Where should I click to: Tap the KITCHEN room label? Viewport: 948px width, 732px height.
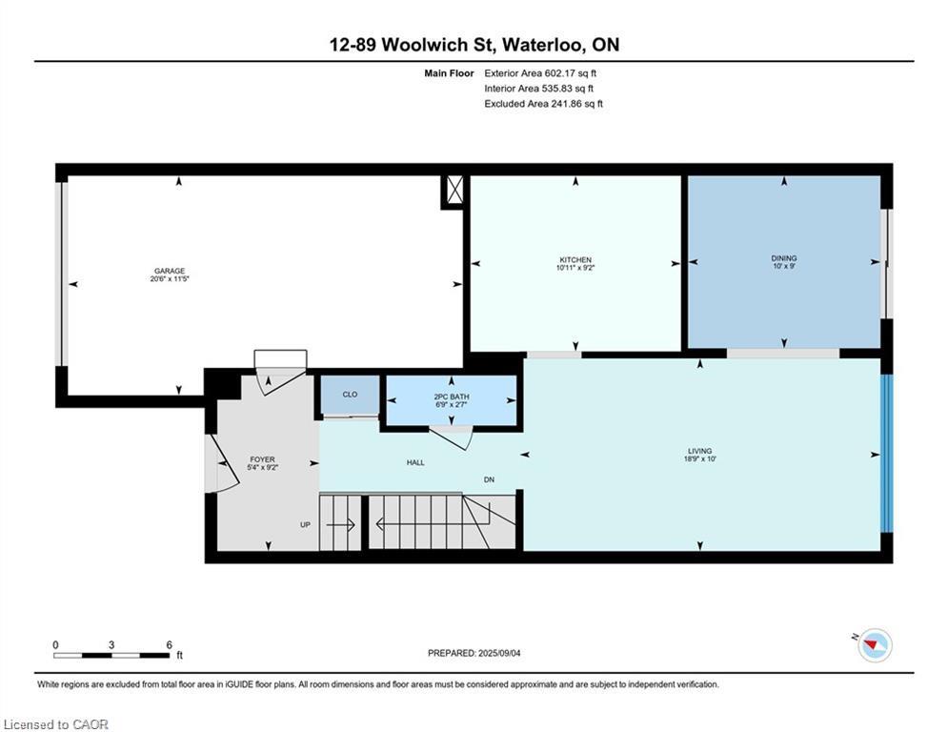coord(575,260)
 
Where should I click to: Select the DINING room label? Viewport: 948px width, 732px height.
coord(784,258)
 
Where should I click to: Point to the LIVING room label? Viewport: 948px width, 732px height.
coord(699,452)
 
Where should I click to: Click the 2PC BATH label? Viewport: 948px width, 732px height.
coord(452,396)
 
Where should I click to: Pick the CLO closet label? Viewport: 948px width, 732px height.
coord(350,394)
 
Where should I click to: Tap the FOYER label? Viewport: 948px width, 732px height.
coord(262,459)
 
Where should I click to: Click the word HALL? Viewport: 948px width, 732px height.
coord(415,462)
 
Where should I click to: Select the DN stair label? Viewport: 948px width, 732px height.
coord(489,479)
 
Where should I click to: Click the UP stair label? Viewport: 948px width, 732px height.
coord(306,523)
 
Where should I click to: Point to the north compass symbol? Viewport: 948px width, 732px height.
coord(874,645)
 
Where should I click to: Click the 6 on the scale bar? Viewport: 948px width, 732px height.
coord(169,644)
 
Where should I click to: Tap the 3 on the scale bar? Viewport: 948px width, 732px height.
coord(111,644)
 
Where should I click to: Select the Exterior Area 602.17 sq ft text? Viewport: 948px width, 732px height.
coord(540,72)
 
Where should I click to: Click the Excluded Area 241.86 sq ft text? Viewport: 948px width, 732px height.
coord(543,103)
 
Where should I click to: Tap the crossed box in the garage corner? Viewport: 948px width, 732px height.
coord(454,191)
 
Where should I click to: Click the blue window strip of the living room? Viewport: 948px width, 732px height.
coord(887,454)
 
